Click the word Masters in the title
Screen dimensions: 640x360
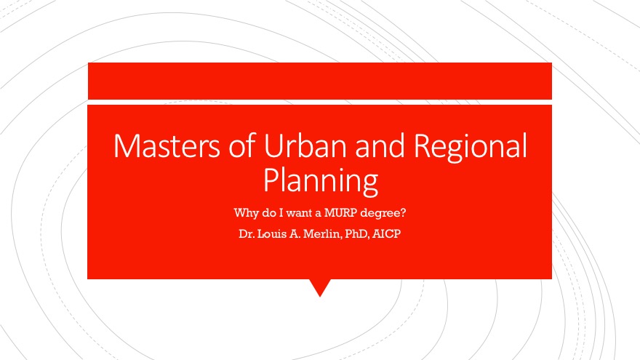click(x=167, y=145)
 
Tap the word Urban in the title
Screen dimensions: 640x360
click(x=306, y=145)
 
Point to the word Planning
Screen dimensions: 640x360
click(x=321, y=181)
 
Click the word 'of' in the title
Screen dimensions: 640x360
click(x=242, y=145)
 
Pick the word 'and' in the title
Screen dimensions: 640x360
click(x=380, y=145)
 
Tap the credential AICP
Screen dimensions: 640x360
click(x=386, y=234)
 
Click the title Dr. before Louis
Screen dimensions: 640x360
click(x=247, y=234)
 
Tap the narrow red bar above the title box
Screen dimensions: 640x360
click(x=320, y=81)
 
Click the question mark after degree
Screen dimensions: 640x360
click(x=403, y=212)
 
